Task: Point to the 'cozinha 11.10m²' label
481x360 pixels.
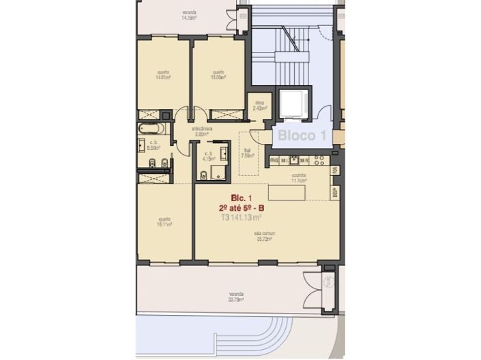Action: pyautogui.click(x=300, y=177)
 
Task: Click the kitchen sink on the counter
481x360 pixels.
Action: pyautogui.click(x=295, y=160)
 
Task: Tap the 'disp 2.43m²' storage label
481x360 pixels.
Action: pyautogui.click(x=259, y=106)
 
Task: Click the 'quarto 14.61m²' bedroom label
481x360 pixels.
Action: pyautogui.click(x=163, y=76)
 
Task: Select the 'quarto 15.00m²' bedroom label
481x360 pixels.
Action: pyautogui.click(x=218, y=75)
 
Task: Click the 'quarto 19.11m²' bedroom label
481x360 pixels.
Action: pyautogui.click(x=164, y=222)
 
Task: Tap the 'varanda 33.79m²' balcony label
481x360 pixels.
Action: pyautogui.click(x=236, y=298)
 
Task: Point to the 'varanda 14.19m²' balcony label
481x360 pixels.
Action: pyautogui.click(x=191, y=15)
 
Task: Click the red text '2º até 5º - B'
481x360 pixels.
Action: pyautogui.click(x=242, y=208)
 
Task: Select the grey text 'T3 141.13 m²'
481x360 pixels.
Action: pyautogui.click(x=242, y=218)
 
